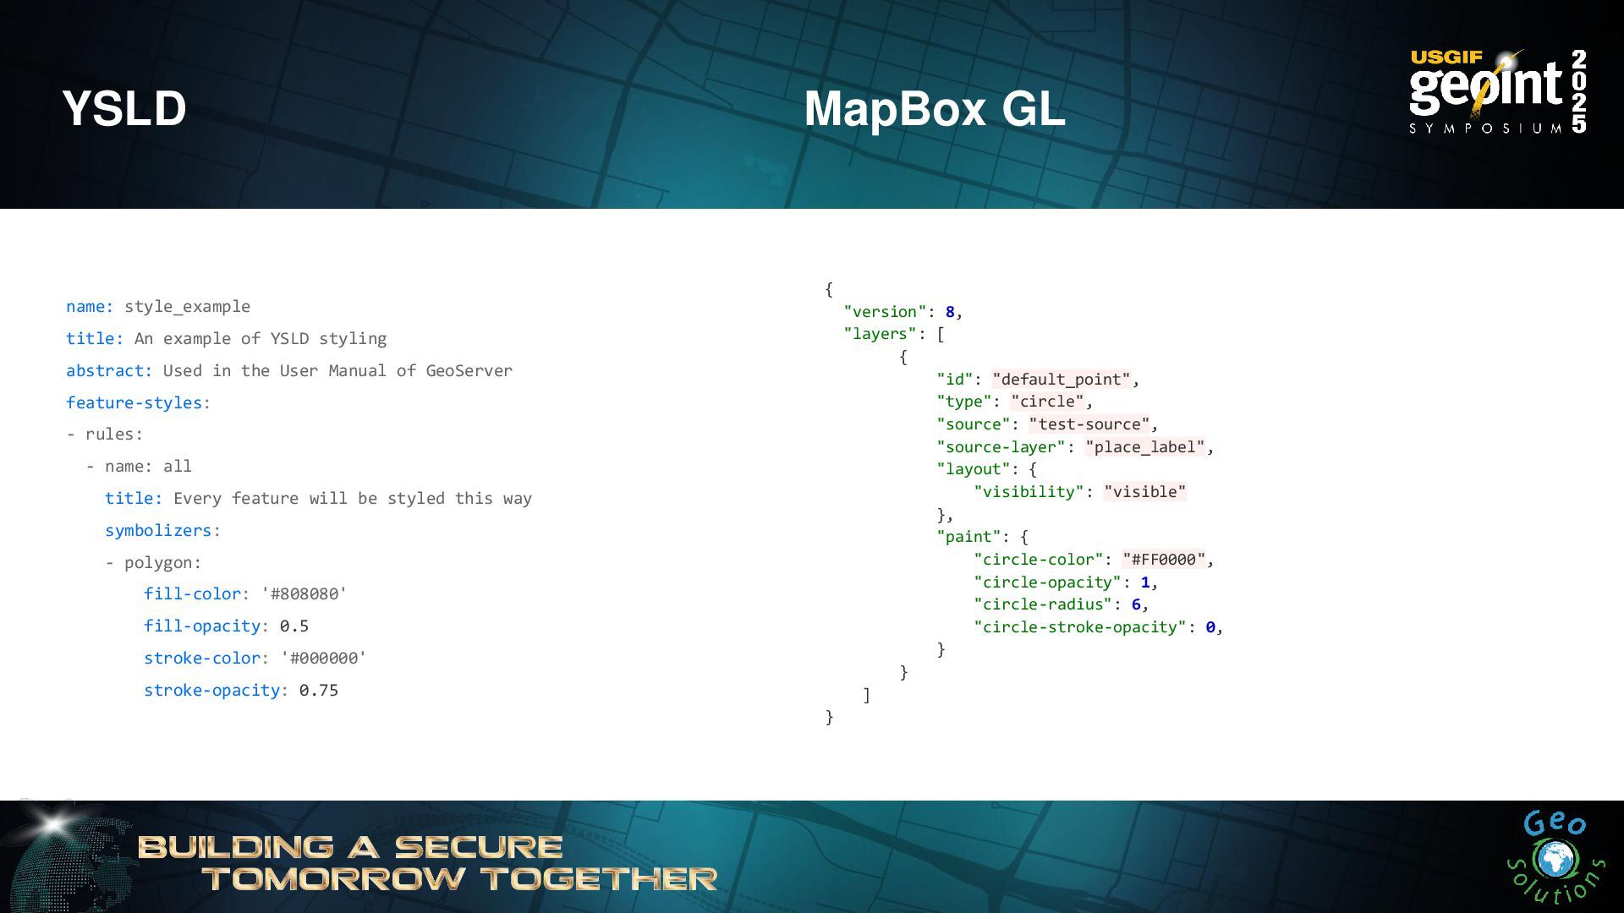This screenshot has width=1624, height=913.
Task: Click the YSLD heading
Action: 124,109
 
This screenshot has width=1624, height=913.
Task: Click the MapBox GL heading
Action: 934,109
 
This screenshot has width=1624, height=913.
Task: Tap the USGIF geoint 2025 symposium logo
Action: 1497,91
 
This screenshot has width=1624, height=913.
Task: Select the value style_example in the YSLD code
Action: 187,307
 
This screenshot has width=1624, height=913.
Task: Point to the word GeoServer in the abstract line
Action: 469,371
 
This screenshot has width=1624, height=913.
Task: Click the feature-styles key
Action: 134,403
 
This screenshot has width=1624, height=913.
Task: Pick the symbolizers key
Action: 158,531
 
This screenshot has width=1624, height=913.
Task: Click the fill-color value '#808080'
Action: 304,594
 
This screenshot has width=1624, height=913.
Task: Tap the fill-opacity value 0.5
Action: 294,626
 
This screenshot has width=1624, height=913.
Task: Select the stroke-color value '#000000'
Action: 324,659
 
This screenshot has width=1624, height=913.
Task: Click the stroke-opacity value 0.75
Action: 319,691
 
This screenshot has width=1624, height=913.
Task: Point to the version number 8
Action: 950,312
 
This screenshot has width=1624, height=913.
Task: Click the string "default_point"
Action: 1062,380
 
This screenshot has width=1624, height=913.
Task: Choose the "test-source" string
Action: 1089,424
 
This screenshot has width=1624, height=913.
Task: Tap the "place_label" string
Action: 1145,447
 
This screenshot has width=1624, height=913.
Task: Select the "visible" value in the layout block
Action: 1145,492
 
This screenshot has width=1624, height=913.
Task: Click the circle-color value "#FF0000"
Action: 1164,560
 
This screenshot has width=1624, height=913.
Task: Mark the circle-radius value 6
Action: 1136,604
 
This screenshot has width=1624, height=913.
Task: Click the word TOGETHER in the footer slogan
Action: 600,879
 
